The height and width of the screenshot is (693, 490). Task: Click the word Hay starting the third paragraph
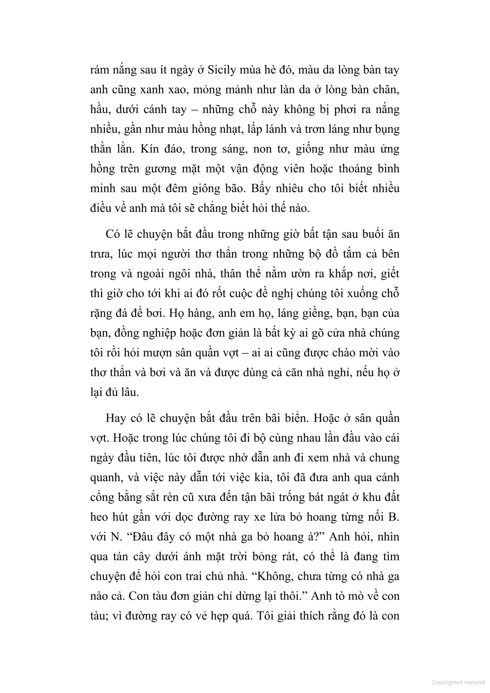[116, 418]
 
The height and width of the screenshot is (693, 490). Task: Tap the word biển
[294, 418]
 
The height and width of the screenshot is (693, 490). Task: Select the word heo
[99, 517]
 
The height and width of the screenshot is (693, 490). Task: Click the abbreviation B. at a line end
[394, 517]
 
